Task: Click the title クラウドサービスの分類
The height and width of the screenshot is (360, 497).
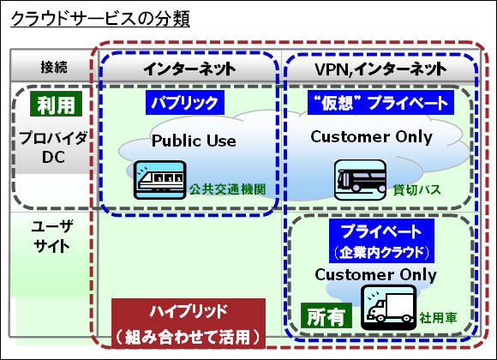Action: click(100, 19)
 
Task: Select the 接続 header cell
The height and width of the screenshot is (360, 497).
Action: click(54, 67)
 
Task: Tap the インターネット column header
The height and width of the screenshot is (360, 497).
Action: click(189, 69)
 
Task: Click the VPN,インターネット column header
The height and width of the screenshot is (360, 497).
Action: click(380, 69)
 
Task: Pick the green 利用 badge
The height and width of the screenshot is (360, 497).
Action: click(56, 104)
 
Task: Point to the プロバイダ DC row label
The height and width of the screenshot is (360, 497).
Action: click(53, 147)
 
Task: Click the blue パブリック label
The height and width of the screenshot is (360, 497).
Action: click(185, 103)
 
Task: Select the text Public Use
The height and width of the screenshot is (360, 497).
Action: click(194, 141)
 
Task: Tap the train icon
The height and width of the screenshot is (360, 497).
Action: click(159, 180)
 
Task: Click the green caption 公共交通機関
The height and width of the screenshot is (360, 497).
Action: click(228, 189)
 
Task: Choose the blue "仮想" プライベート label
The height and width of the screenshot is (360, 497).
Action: click(380, 103)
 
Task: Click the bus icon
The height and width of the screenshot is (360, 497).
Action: click(361, 180)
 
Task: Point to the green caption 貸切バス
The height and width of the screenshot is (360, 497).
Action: click(416, 189)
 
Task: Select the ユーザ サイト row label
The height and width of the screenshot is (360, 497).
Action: click(52, 237)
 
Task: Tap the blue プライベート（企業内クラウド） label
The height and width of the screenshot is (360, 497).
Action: click(381, 241)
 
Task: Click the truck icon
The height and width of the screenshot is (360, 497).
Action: click(389, 308)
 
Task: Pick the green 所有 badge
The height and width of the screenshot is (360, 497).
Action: click(326, 315)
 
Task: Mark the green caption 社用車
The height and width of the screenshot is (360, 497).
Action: click(438, 317)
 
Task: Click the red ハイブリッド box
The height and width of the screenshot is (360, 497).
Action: click(189, 323)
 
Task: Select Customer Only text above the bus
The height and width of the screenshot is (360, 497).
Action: click(372, 136)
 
